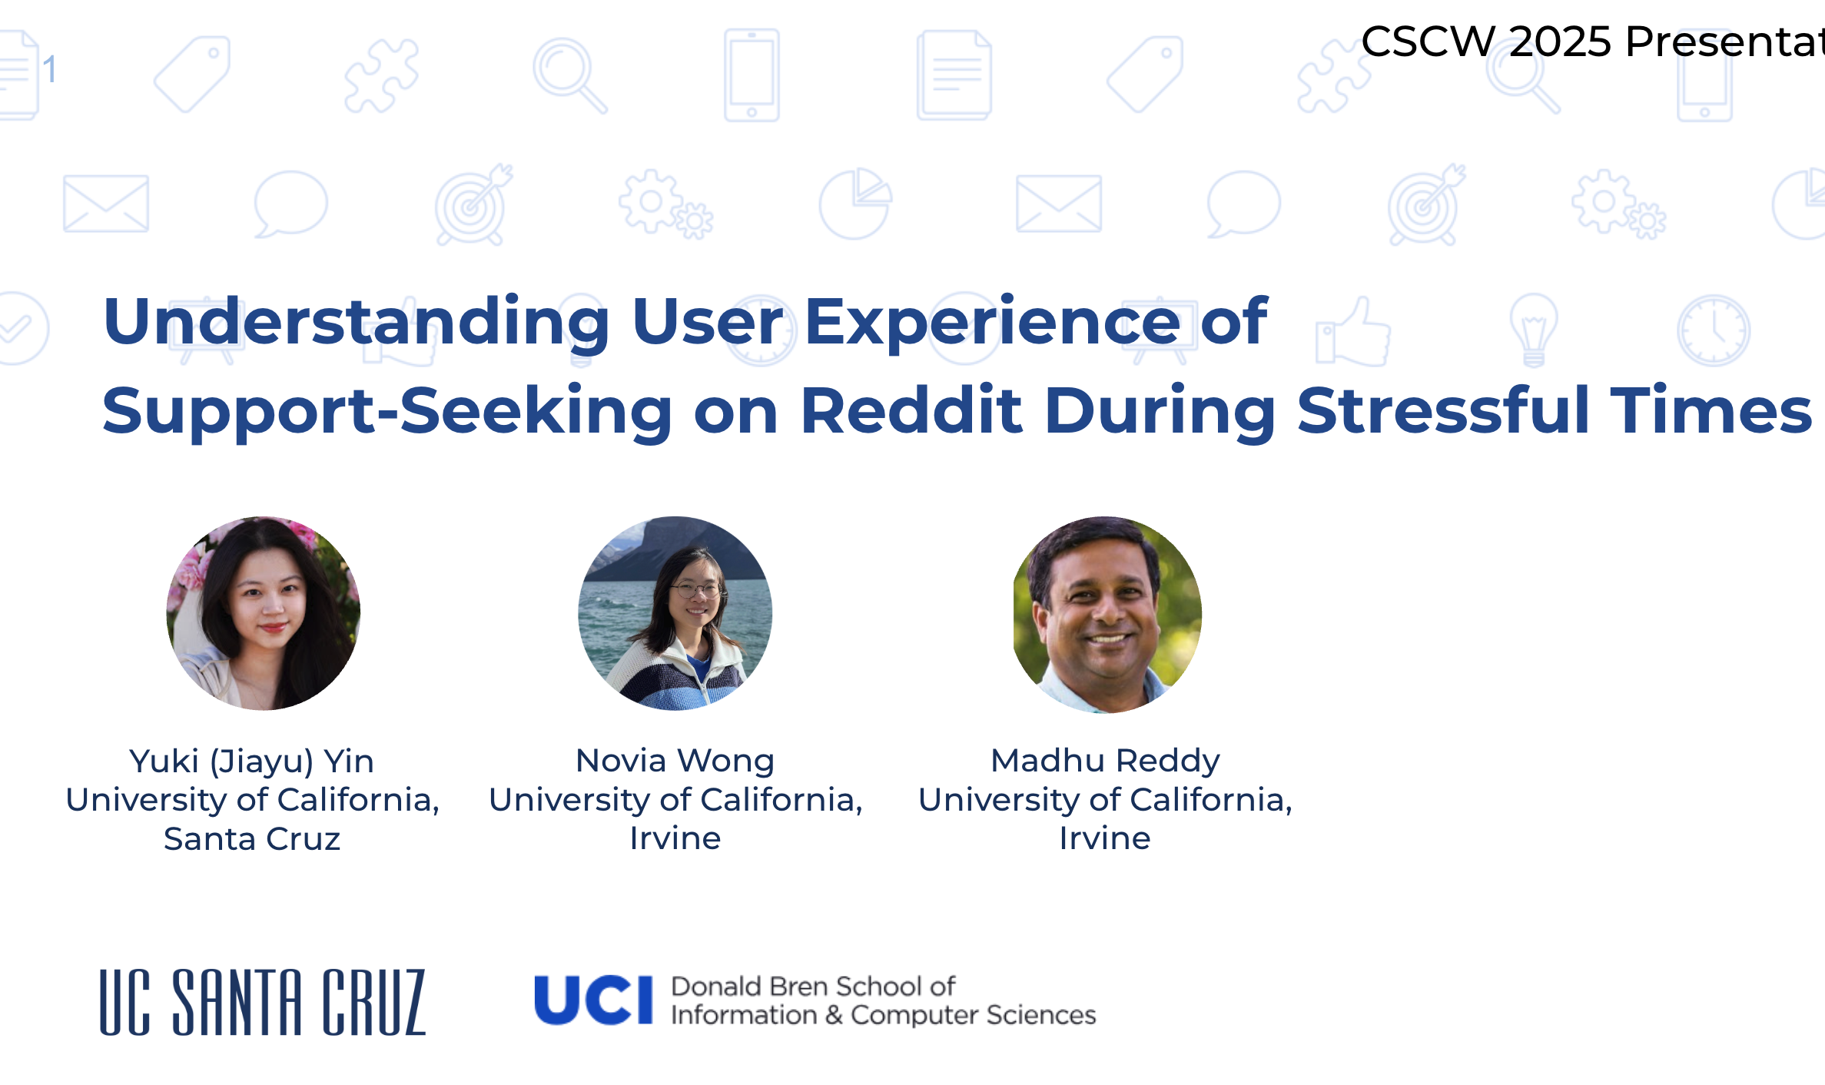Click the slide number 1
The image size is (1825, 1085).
pyautogui.click(x=50, y=70)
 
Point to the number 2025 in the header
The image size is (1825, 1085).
pyautogui.click(x=1560, y=41)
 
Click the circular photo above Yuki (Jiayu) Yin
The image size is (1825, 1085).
pyautogui.click(x=264, y=613)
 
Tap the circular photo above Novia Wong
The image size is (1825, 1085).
pyautogui.click(x=675, y=613)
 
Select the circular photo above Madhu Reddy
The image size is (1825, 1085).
pyautogui.click(x=1107, y=613)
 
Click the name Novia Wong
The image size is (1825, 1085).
pyautogui.click(x=675, y=761)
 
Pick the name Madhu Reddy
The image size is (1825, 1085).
pyautogui.click(x=1105, y=761)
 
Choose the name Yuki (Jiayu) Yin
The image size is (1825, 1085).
pyautogui.click(x=252, y=761)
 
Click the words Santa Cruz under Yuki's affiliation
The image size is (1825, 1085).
pyautogui.click(x=252, y=838)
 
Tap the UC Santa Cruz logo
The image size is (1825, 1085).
pyautogui.click(x=263, y=1002)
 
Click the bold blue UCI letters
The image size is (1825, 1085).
pyautogui.click(x=593, y=1000)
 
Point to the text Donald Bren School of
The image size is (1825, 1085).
pyautogui.click(x=813, y=986)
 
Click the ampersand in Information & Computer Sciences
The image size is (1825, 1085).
pyautogui.click(x=835, y=1015)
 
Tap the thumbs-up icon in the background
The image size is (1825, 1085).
pyautogui.click(x=1353, y=332)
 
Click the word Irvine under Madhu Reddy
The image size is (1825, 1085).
pyautogui.click(x=1105, y=838)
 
